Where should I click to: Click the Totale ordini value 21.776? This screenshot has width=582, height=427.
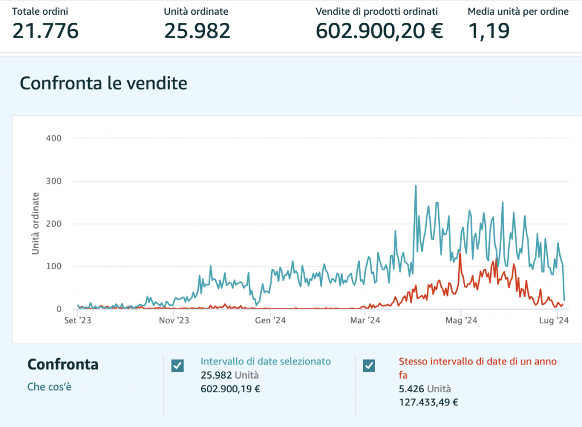pyautogui.click(x=45, y=31)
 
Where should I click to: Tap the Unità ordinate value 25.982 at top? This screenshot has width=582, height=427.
pyautogui.click(x=197, y=31)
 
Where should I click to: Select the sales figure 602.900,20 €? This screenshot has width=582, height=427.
pyautogui.click(x=379, y=31)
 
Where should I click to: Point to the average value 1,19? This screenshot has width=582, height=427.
pyautogui.click(x=488, y=31)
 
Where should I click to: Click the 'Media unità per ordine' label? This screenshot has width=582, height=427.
pyautogui.click(x=518, y=11)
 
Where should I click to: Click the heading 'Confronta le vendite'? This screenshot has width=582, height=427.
pyautogui.click(x=103, y=84)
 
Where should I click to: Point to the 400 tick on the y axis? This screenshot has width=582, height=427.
pyautogui.click(x=54, y=138)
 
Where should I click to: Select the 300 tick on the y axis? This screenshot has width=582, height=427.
pyautogui.click(x=54, y=181)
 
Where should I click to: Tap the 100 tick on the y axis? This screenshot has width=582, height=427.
pyautogui.click(x=54, y=266)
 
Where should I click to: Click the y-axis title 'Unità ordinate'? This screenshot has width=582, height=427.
pyautogui.click(x=35, y=223)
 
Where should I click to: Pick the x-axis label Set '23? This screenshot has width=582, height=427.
pyautogui.click(x=78, y=321)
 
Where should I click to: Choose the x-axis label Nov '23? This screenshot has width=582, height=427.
pyautogui.click(x=173, y=321)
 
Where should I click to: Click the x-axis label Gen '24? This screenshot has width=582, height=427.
pyautogui.click(x=271, y=321)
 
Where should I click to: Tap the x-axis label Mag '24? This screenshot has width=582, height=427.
pyautogui.click(x=462, y=321)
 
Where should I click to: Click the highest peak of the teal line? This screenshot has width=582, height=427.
pyautogui.click(x=415, y=186)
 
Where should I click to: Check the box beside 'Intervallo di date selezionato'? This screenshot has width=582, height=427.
pyautogui.click(x=177, y=366)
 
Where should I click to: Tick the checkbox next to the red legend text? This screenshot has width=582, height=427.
pyautogui.click(x=369, y=366)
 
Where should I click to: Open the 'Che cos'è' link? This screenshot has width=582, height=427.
pyautogui.click(x=49, y=387)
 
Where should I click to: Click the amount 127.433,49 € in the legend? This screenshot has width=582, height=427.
pyautogui.click(x=429, y=402)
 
